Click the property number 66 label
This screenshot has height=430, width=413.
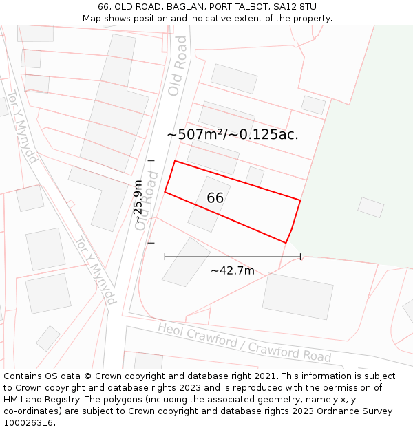tap(215, 198)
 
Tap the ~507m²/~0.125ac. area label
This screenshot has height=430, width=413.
tap(233, 135)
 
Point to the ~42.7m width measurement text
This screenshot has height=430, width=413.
tap(233, 270)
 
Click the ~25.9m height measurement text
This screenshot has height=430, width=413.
tap(138, 202)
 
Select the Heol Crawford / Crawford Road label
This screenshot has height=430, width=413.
tap(244, 342)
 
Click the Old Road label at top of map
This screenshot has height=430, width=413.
tap(178, 66)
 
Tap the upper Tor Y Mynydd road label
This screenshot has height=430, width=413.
tap(22, 127)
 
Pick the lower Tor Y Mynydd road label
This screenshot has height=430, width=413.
tap(95, 270)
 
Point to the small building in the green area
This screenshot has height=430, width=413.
tap(370, 207)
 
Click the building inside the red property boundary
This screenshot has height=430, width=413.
tap(209, 204)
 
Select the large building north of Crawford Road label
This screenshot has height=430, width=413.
tap(297, 296)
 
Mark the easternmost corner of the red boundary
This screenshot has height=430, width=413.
tap(300, 200)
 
